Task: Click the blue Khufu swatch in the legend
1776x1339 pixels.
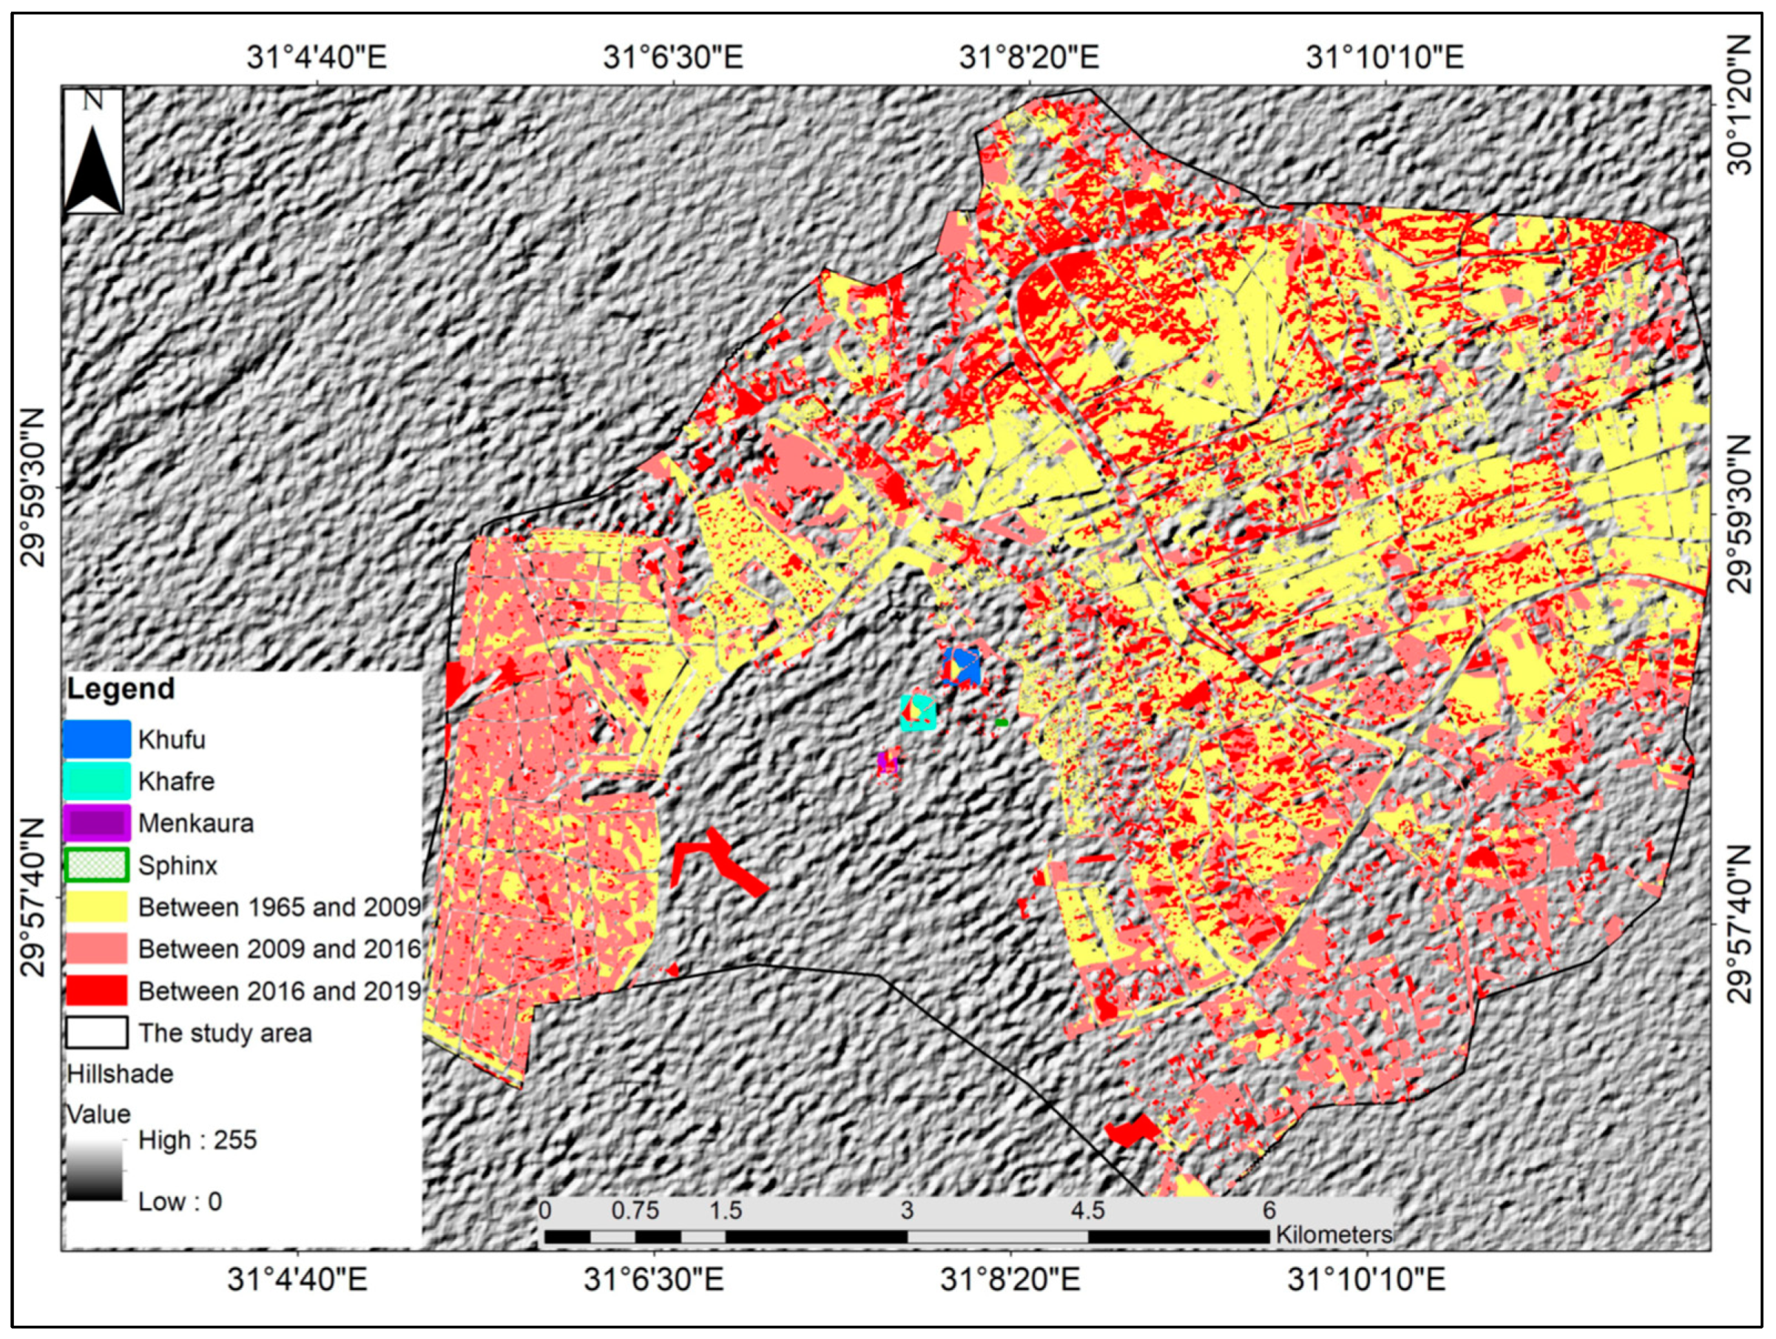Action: [x=96, y=739]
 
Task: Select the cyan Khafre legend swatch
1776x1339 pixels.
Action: [x=96, y=781]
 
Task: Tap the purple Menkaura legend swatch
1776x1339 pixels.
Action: [x=96, y=822]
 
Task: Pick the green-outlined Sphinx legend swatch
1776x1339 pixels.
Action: [x=96, y=865]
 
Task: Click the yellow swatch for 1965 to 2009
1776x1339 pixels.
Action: [x=96, y=907]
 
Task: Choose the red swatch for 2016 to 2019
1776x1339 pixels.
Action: [x=96, y=990]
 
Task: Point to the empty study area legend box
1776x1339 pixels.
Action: [x=96, y=1032]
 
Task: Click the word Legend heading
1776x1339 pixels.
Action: [x=121, y=689]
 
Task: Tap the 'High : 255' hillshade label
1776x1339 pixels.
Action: [x=197, y=1140]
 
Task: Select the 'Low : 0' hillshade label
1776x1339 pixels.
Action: [x=180, y=1201]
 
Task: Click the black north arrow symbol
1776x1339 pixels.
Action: [x=94, y=170]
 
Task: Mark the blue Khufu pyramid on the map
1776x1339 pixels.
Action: [x=962, y=666]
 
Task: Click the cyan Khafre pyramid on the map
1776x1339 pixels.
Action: [x=919, y=713]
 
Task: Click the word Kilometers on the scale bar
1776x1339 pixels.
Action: [x=1334, y=1234]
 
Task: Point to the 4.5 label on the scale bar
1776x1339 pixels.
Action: [x=1088, y=1210]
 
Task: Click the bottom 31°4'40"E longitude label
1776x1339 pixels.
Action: [x=297, y=1280]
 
